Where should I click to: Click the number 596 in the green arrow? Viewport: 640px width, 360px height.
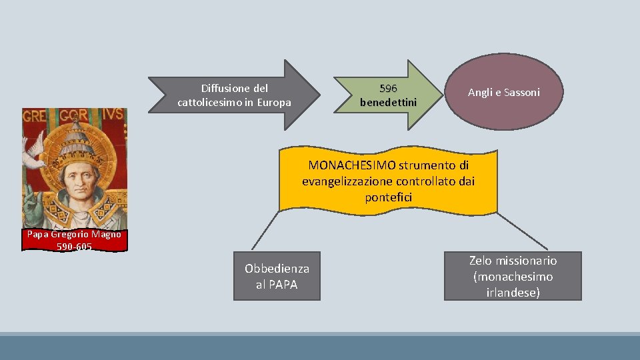click(x=387, y=88)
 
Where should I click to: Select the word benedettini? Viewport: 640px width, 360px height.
click(x=388, y=103)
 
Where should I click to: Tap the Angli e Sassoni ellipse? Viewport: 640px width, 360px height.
click(x=503, y=93)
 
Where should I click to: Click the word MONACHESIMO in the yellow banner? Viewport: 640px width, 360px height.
click(x=352, y=165)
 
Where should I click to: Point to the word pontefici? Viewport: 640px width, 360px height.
click(x=389, y=197)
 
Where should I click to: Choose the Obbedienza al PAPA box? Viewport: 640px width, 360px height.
click(x=277, y=276)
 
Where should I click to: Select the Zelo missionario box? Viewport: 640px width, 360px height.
click(x=513, y=276)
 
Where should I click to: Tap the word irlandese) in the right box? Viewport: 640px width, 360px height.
click(x=513, y=292)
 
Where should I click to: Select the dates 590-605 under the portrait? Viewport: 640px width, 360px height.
click(x=74, y=247)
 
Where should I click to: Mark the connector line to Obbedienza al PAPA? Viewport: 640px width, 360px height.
click(x=265, y=231)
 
